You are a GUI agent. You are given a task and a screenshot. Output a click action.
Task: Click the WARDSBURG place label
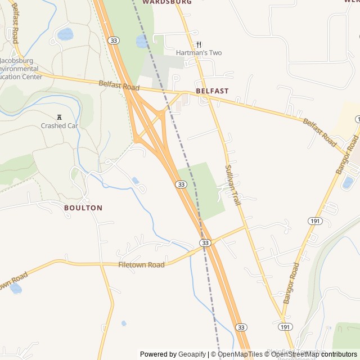click(x=167, y=2)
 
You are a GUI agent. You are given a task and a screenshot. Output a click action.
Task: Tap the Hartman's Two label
click(x=199, y=53)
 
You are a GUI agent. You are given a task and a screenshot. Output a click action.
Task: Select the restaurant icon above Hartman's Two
click(x=199, y=44)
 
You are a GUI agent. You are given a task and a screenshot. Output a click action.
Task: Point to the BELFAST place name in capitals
click(x=212, y=91)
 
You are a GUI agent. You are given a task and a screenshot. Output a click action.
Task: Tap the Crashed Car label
click(x=58, y=126)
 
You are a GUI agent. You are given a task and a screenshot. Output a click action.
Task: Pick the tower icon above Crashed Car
click(x=58, y=117)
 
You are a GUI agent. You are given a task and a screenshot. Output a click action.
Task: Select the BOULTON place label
click(x=83, y=208)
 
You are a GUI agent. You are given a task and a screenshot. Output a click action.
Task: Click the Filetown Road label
click(x=141, y=265)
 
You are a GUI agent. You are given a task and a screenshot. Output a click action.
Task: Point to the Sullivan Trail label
click(x=233, y=184)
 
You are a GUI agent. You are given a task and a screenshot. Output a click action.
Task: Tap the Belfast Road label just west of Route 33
click(x=119, y=85)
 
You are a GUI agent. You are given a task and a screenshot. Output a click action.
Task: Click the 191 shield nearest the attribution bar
click(x=285, y=327)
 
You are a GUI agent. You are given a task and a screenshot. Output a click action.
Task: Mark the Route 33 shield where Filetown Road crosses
click(x=205, y=242)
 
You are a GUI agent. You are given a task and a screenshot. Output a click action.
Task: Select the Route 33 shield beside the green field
click(x=181, y=184)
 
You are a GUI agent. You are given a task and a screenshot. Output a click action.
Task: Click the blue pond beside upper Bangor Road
click(x=347, y=182)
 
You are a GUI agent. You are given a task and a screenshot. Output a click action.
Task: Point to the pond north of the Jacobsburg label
click(x=65, y=34)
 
